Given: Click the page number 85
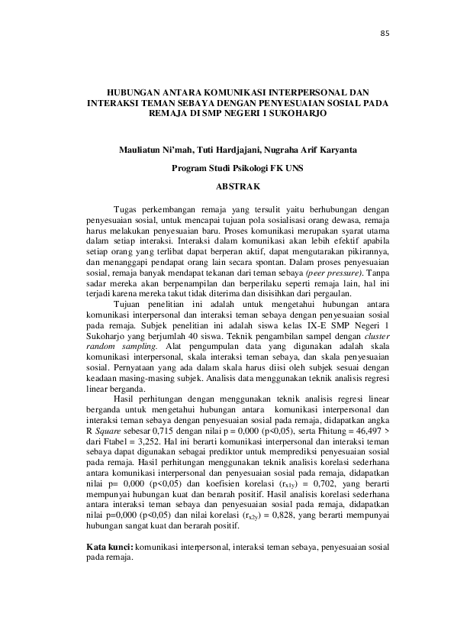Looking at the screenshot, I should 385,33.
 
